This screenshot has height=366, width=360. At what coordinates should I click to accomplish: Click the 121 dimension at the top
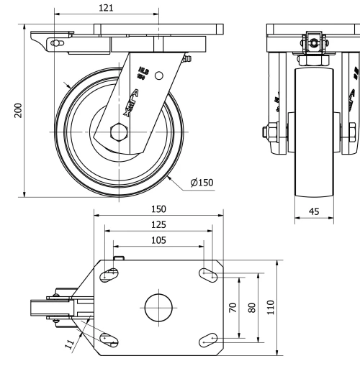click(106, 7)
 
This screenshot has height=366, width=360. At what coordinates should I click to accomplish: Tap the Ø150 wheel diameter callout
click(202, 183)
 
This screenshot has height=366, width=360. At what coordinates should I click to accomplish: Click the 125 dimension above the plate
click(158, 225)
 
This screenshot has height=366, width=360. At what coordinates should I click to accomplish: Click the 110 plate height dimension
click(271, 307)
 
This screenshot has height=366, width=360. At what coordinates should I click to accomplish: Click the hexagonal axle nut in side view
click(119, 133)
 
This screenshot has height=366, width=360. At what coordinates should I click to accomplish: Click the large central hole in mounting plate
click(158, 307)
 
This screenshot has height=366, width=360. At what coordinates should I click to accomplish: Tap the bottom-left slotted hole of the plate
click(109, 339)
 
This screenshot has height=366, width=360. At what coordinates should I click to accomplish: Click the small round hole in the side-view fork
click(159, 74)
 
